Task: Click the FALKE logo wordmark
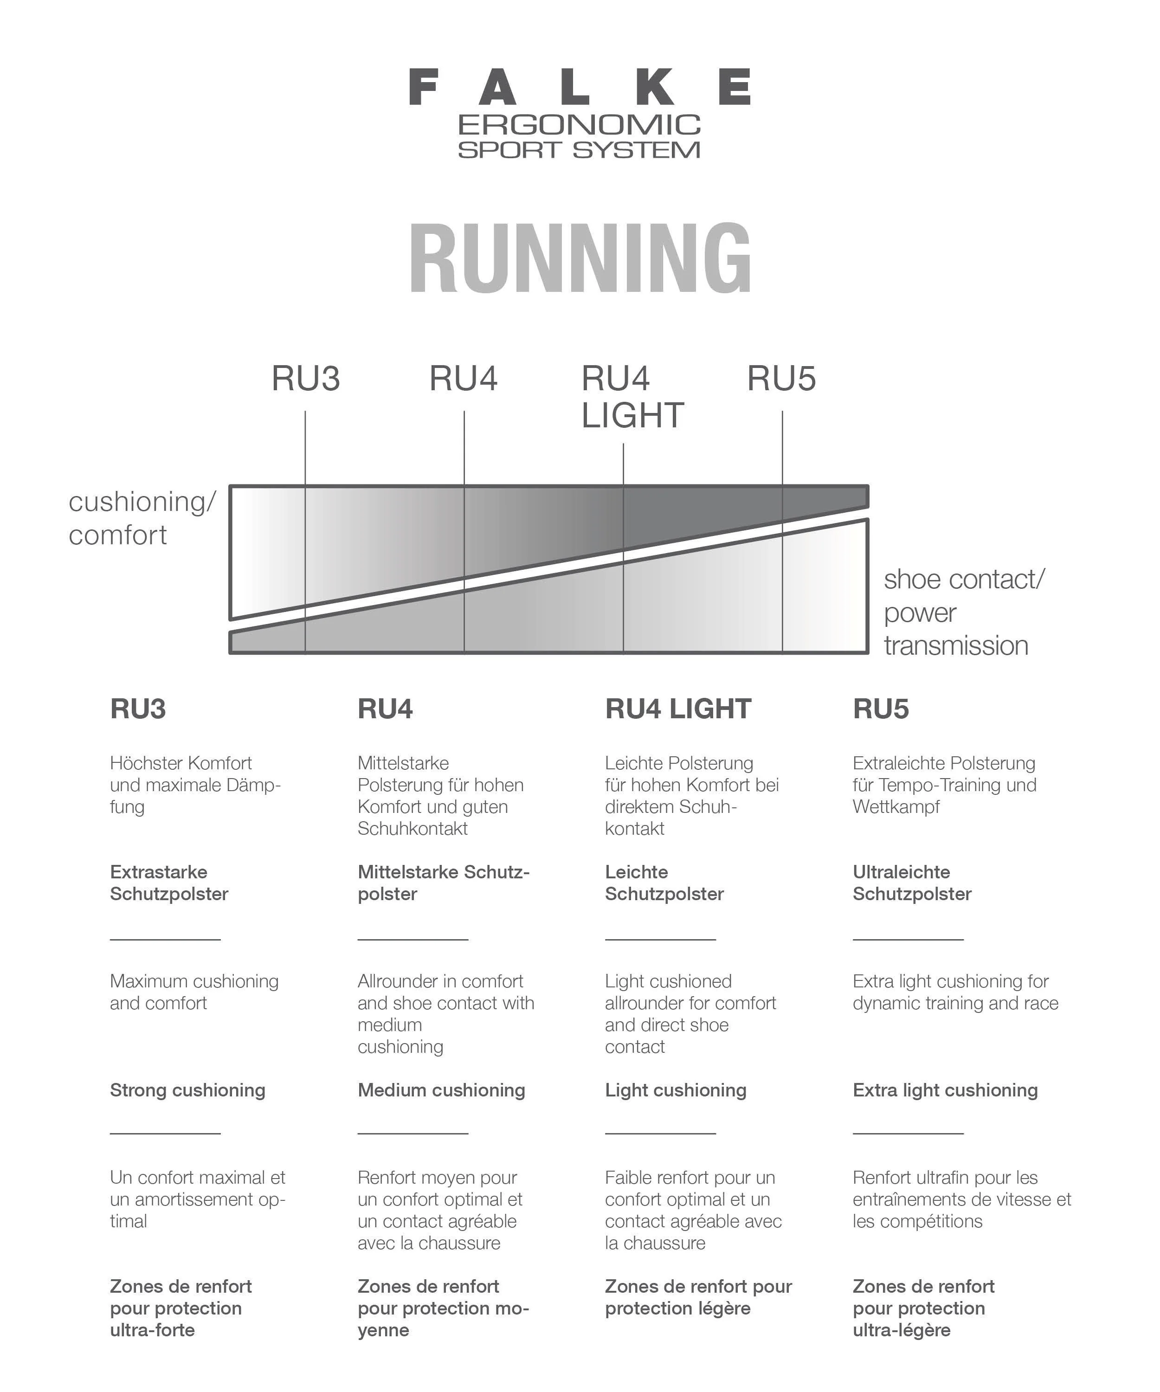[580, 87]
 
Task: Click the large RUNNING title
[580, 258]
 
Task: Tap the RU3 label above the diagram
[306, 379]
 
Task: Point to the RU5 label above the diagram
[781, 379]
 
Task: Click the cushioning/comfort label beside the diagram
[142, 518]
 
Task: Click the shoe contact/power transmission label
[963, 612]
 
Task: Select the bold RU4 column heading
[385, 709]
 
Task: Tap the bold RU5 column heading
[880, 709]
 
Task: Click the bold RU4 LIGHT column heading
[677, 709]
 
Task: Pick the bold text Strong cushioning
[187, 1090]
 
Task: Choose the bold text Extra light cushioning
[945, 1090]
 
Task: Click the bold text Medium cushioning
[441, 1090]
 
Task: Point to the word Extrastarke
[158, 872]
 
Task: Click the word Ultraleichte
[901, 872]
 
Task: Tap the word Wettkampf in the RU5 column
[896, 807]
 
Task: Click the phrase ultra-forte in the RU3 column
[153, 1330]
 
